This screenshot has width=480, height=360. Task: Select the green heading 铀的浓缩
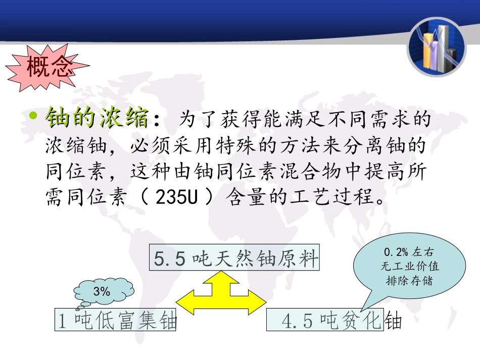pyautogui.click(x=97, y=119)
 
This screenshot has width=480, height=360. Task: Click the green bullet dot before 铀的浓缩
pyautogui.click(x=33, y=118)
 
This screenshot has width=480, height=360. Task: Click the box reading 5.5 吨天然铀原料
pyautogui.click(x=235, y=258)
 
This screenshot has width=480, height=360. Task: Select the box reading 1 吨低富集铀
pyautogui.click(x=116, y=321)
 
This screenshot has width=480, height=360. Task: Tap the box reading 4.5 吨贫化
pyautogui.click(x=325, y=321)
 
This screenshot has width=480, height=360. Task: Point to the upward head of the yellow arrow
pyautogui.click(x=220, y=276)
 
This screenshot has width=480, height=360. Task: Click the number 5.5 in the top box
pyautogui.click(x=170, y=259)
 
